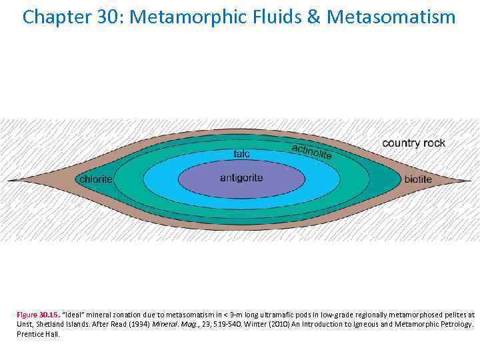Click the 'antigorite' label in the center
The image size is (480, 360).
click(241, 178)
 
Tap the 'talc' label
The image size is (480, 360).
click(242, 154)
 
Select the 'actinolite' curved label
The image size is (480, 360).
click(311, 151)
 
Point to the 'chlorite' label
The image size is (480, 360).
click(96, 179)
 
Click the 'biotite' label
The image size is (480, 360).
click(418, 179)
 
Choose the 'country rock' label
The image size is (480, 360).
click(413, 143)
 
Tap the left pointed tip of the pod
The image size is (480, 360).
click(9, 180)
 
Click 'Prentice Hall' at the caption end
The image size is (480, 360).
click(37, 334)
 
